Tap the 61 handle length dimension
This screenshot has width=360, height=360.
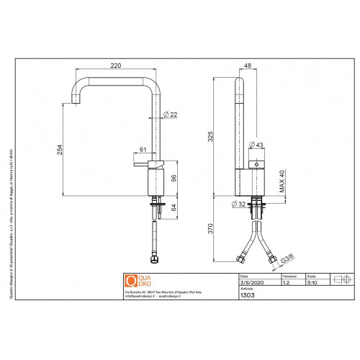[142, 150]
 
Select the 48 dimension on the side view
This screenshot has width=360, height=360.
[248, 67]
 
